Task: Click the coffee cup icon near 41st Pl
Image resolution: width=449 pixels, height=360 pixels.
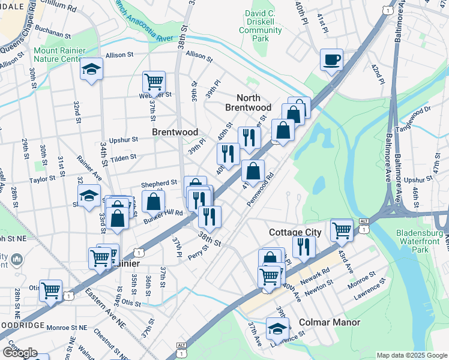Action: [331, 60]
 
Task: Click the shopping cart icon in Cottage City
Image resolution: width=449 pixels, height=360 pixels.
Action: [342, 229]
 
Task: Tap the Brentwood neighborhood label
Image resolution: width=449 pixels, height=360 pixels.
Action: [175, 131]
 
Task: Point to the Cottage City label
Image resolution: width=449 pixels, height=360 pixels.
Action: [295, 232]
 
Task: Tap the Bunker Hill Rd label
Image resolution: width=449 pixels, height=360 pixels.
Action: [163, 217]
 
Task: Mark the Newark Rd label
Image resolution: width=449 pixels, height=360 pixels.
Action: [317, 274]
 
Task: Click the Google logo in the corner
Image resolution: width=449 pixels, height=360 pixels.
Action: [20, 352]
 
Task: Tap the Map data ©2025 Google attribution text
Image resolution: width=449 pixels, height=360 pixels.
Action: [411, 355]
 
